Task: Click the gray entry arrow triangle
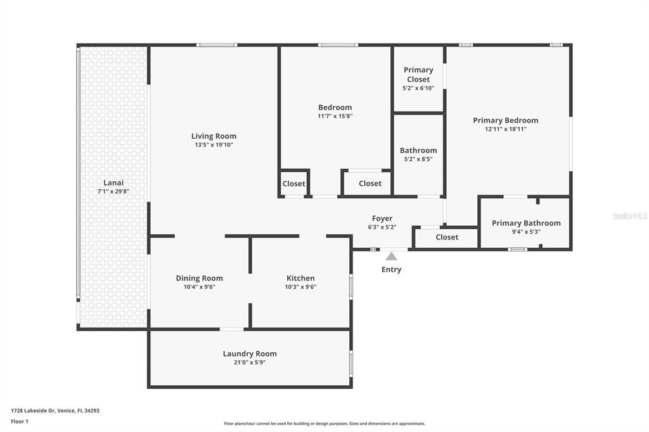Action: (x=392, y=257)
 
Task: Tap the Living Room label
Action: (x=214, y=136)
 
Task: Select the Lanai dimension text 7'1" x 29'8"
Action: (x=113, y=191)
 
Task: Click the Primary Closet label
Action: (x=418, y=74)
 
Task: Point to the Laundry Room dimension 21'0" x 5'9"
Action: (x=250, y=363)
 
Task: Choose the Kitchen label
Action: (x=300, y=278)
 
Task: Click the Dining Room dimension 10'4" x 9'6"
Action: (x=199, y=287)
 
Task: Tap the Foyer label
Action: (x=382, y=219)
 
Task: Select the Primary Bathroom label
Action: (x=526, y=223)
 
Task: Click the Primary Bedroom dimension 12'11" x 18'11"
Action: (x=505, y=129)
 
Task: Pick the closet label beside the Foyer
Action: (x=447, y=237)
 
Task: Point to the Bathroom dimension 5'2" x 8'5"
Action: (x=418, y=160)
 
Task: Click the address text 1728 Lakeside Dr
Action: (x=55, y=410)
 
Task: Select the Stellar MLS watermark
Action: (x=630, y=216)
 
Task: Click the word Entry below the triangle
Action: (x=391, y=269)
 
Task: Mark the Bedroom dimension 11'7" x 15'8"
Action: (x=335, y=117)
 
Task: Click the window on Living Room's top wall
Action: (x=217, y=45)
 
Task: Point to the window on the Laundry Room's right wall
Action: (x=351, y=364)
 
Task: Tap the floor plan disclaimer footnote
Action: (x=324, y=424)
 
